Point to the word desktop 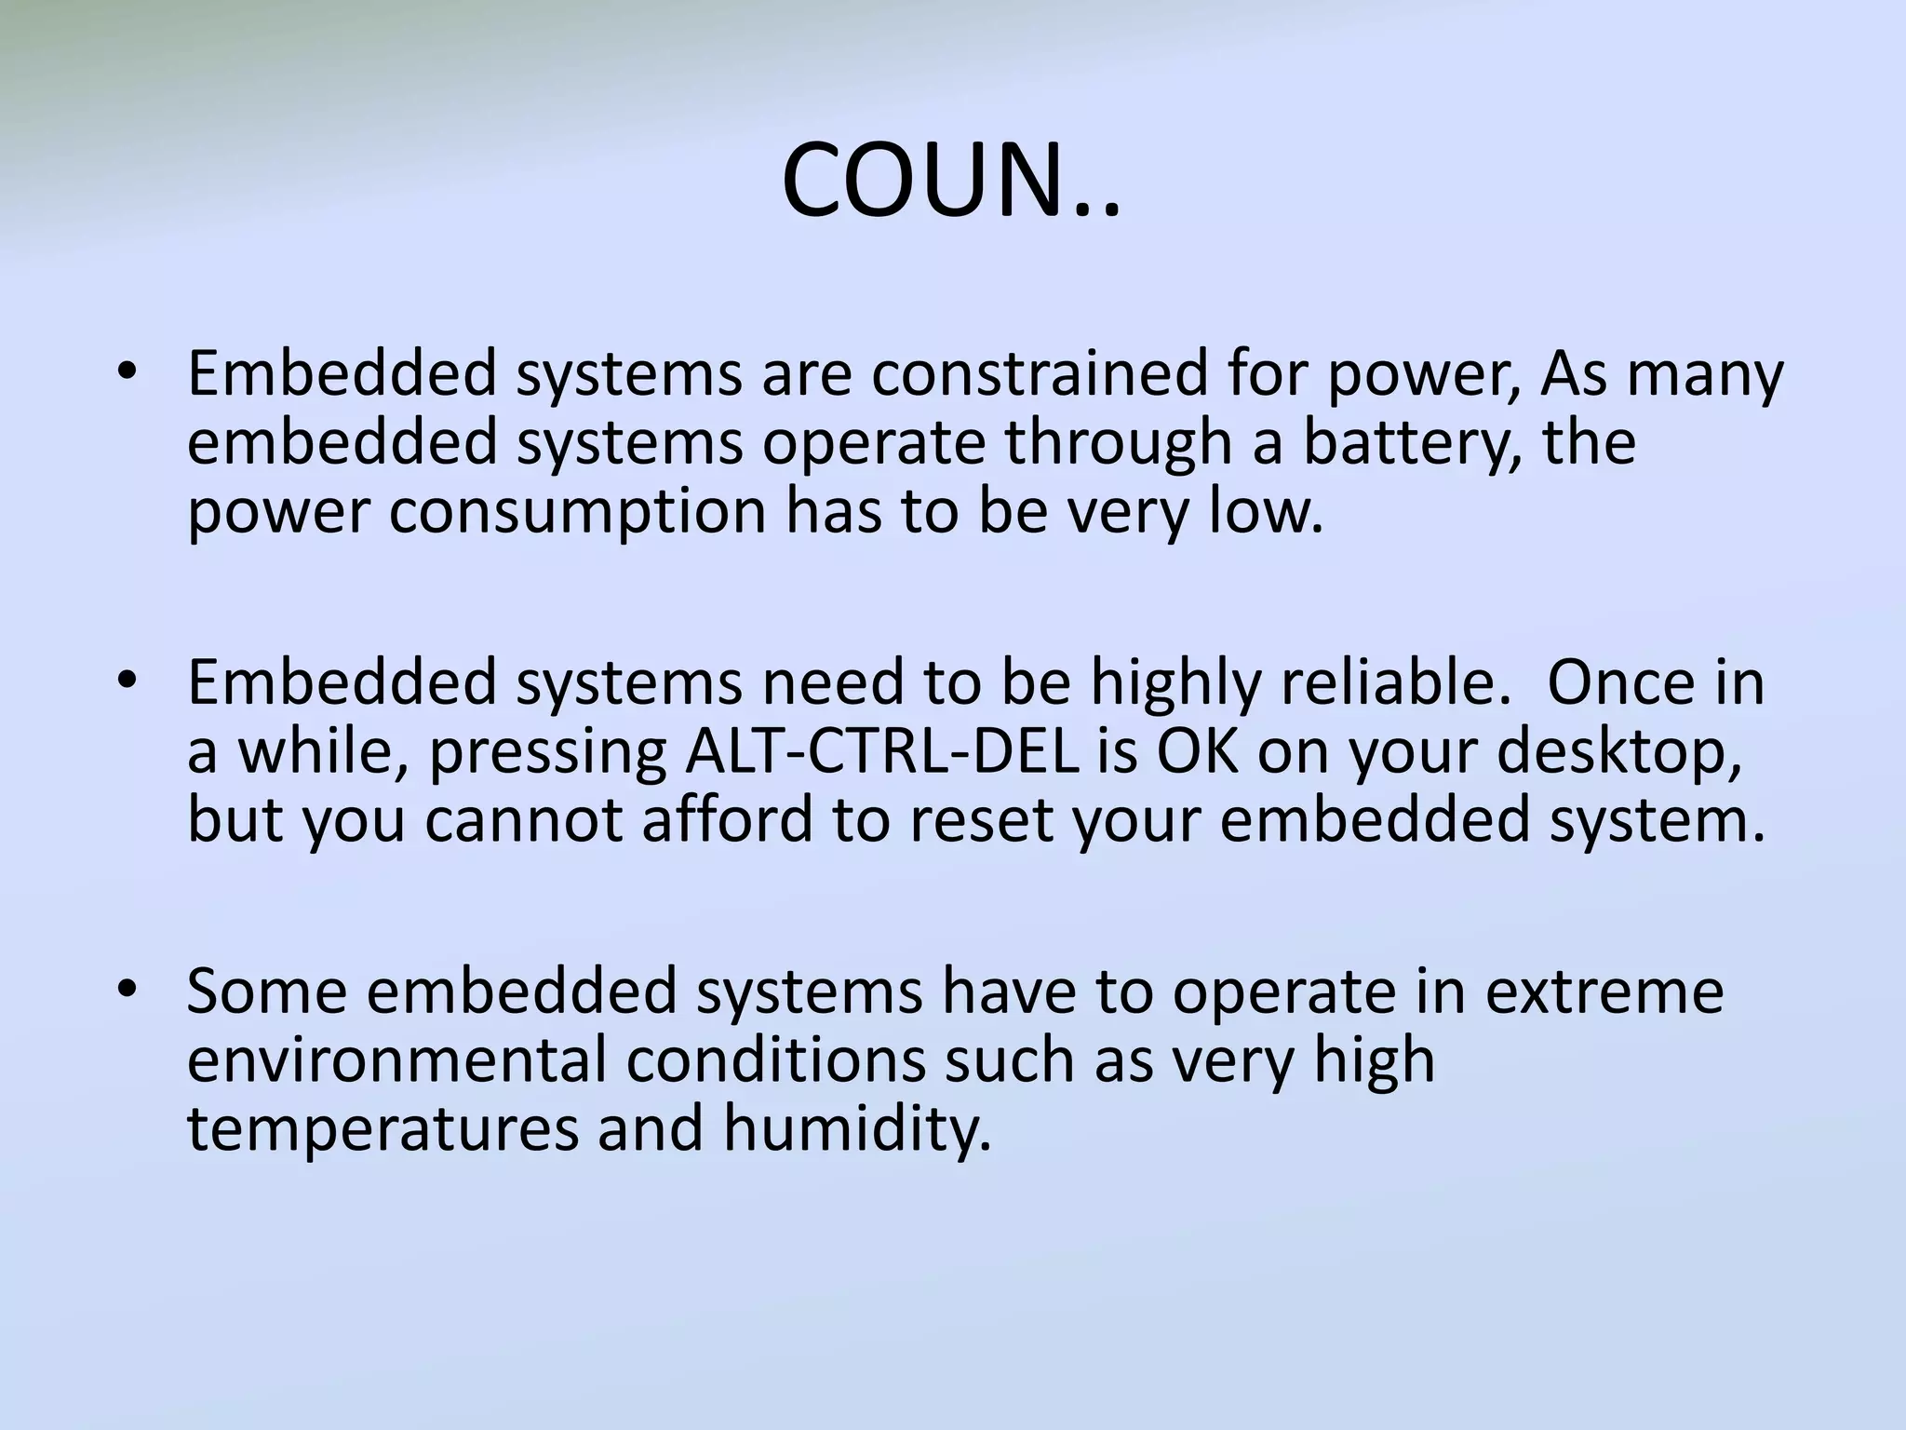(1619, 753)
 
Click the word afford (727, 820)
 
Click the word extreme (1604, 992)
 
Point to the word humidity (856, 1129)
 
